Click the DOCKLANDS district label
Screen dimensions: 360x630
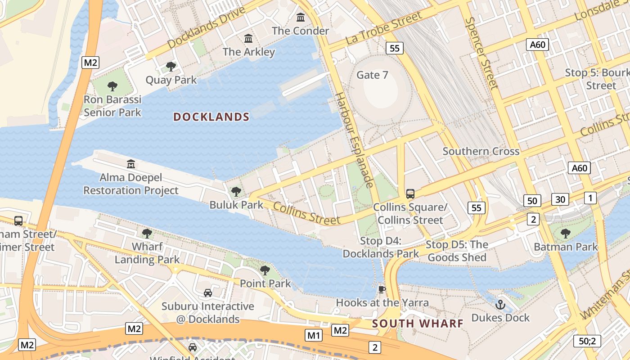[211, 117]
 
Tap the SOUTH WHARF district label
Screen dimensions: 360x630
[418, 324]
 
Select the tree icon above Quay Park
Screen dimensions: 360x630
[171, 67]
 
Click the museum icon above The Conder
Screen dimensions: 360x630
[301, 18]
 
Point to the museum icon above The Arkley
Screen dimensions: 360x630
[248, 39]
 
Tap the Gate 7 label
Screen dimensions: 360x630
[372, 75]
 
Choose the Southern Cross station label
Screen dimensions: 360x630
[481, 151]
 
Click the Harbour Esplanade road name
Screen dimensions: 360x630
[355, 139]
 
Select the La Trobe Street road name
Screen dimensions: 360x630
[384, 28]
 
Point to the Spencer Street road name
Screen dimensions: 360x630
[482, 53]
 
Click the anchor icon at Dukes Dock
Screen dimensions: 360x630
[500, 305]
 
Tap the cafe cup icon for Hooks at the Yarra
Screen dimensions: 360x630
[382, 289]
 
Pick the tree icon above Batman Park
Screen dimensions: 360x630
[566, 234]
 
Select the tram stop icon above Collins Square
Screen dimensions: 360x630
[410, 194]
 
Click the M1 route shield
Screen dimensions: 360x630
[314, 335]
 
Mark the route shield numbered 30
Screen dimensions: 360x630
[560, 199]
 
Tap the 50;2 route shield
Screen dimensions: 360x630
[587, 341]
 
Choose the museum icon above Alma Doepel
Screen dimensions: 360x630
[131, 164]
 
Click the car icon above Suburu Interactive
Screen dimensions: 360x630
[207, 293]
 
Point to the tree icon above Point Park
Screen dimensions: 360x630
[265, 270]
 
